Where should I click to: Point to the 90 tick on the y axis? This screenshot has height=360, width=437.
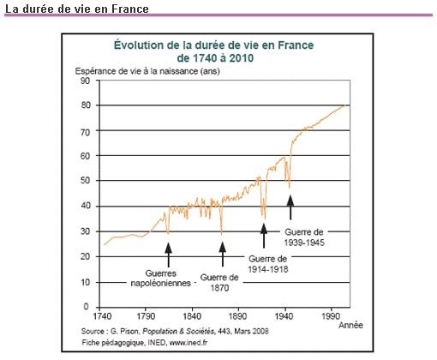click(85, 81)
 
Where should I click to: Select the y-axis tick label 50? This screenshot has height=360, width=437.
click(85, 181)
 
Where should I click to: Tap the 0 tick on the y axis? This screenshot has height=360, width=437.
click(87, 307)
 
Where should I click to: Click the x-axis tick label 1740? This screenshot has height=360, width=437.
click(103, 316)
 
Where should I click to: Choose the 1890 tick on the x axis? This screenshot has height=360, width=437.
click(238, 316)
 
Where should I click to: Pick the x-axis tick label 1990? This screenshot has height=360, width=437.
click(331, 316)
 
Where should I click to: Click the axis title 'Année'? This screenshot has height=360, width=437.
click(350, 325)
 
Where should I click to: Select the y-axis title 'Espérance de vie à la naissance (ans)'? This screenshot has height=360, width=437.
click(147, 71)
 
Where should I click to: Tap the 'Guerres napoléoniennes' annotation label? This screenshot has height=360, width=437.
click(161, 278)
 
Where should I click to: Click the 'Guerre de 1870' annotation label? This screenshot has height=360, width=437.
click(219, 282)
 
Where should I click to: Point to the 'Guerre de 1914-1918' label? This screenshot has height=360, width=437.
click(268, 264)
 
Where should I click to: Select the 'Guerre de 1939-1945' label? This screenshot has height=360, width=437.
click(304, 237)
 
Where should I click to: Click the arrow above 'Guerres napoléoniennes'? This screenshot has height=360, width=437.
click(169, 255)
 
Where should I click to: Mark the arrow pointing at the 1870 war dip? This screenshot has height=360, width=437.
click(223, 254)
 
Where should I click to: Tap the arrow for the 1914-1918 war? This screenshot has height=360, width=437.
click(264, 236)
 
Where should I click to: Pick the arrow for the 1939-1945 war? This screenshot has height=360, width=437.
click(290, 207)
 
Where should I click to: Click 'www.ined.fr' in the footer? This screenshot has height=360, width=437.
click(189, 342)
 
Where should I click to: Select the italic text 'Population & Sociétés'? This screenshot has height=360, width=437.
click(178, 332)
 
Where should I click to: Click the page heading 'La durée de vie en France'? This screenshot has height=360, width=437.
click(77, 9)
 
